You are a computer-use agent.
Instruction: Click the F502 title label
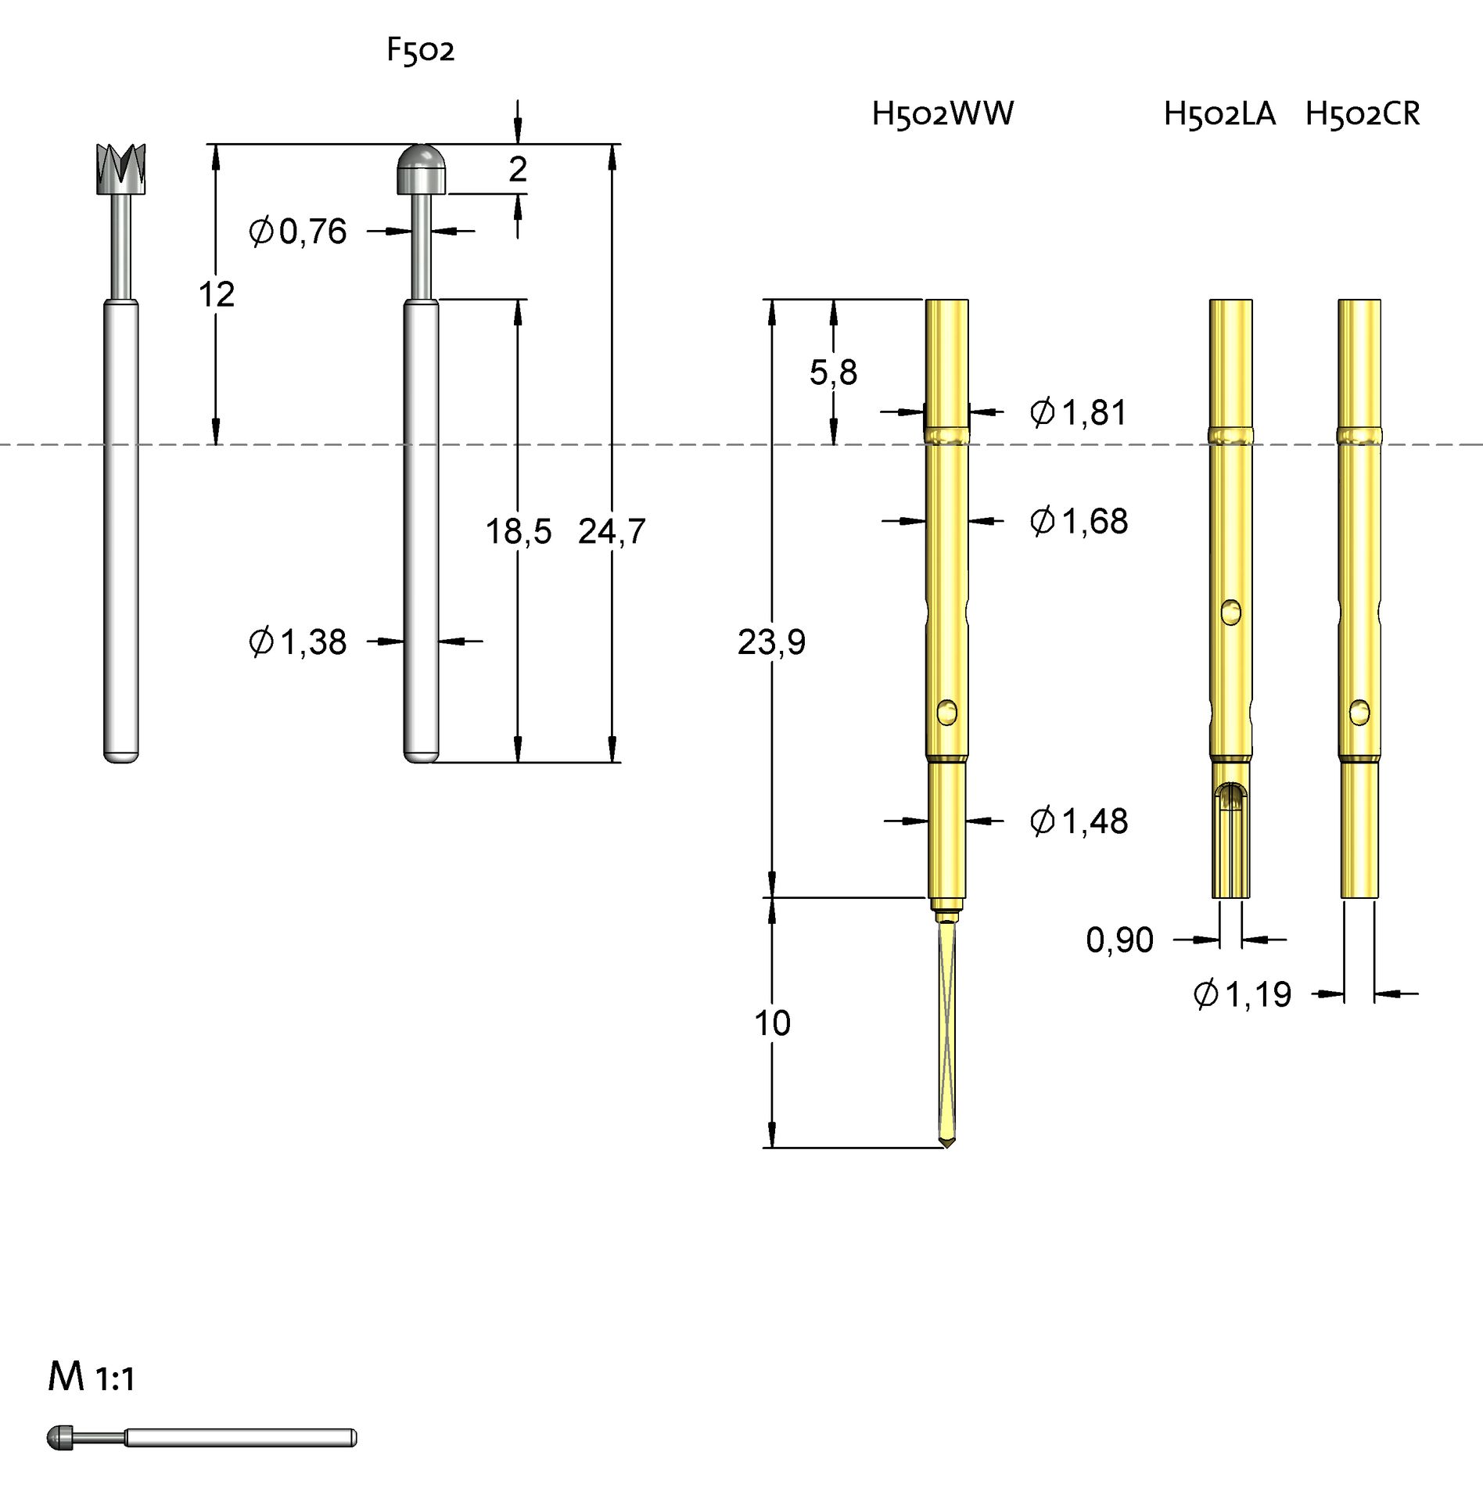[420, 51]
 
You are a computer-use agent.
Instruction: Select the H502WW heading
[942, 114]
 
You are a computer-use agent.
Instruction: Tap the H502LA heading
[1219, 114]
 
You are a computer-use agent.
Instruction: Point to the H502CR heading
[1362, 114]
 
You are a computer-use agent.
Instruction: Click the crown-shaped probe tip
[121, 167]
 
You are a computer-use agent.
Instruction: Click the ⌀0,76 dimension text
[297, 232]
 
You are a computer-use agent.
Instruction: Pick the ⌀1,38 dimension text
[297, 642]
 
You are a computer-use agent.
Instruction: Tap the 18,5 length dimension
[518, 532]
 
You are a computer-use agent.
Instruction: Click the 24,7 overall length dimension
[612, 532]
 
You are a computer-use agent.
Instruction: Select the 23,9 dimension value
[771, 642]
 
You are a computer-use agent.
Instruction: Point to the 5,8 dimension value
[833, 372]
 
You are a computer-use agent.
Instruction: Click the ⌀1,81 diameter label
[1078, 412]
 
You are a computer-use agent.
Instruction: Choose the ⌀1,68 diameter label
[1078, 521]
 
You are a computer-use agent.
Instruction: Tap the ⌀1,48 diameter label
[1078, 821]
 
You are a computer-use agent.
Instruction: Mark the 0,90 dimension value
[1119, 940]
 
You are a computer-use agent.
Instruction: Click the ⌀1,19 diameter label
[1242, 995]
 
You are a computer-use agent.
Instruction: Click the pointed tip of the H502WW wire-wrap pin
[948, 1145]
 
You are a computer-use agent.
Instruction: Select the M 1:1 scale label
[91, 1399]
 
